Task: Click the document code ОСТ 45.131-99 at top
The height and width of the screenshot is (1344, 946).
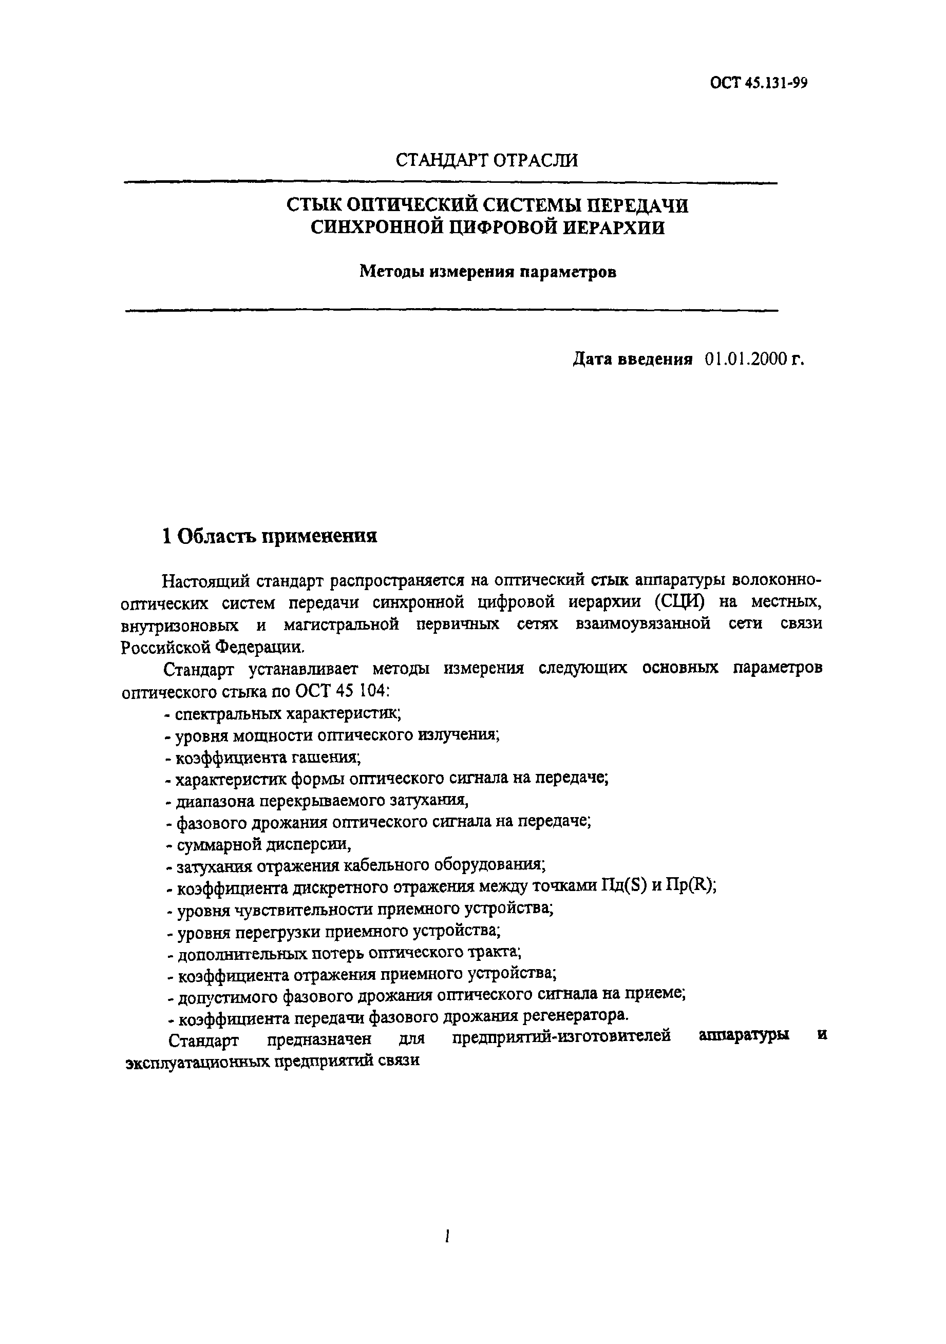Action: (x=759, y=83)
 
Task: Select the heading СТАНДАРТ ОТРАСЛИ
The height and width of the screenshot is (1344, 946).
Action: (x=486, y=160)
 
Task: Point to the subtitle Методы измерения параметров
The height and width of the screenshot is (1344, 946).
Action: (x=487, y=272)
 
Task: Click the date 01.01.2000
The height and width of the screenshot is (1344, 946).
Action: (x=743, y=359)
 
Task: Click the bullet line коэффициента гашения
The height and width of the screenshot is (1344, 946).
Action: (x=263, y=758)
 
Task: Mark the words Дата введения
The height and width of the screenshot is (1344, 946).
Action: (x=632, y=359)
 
